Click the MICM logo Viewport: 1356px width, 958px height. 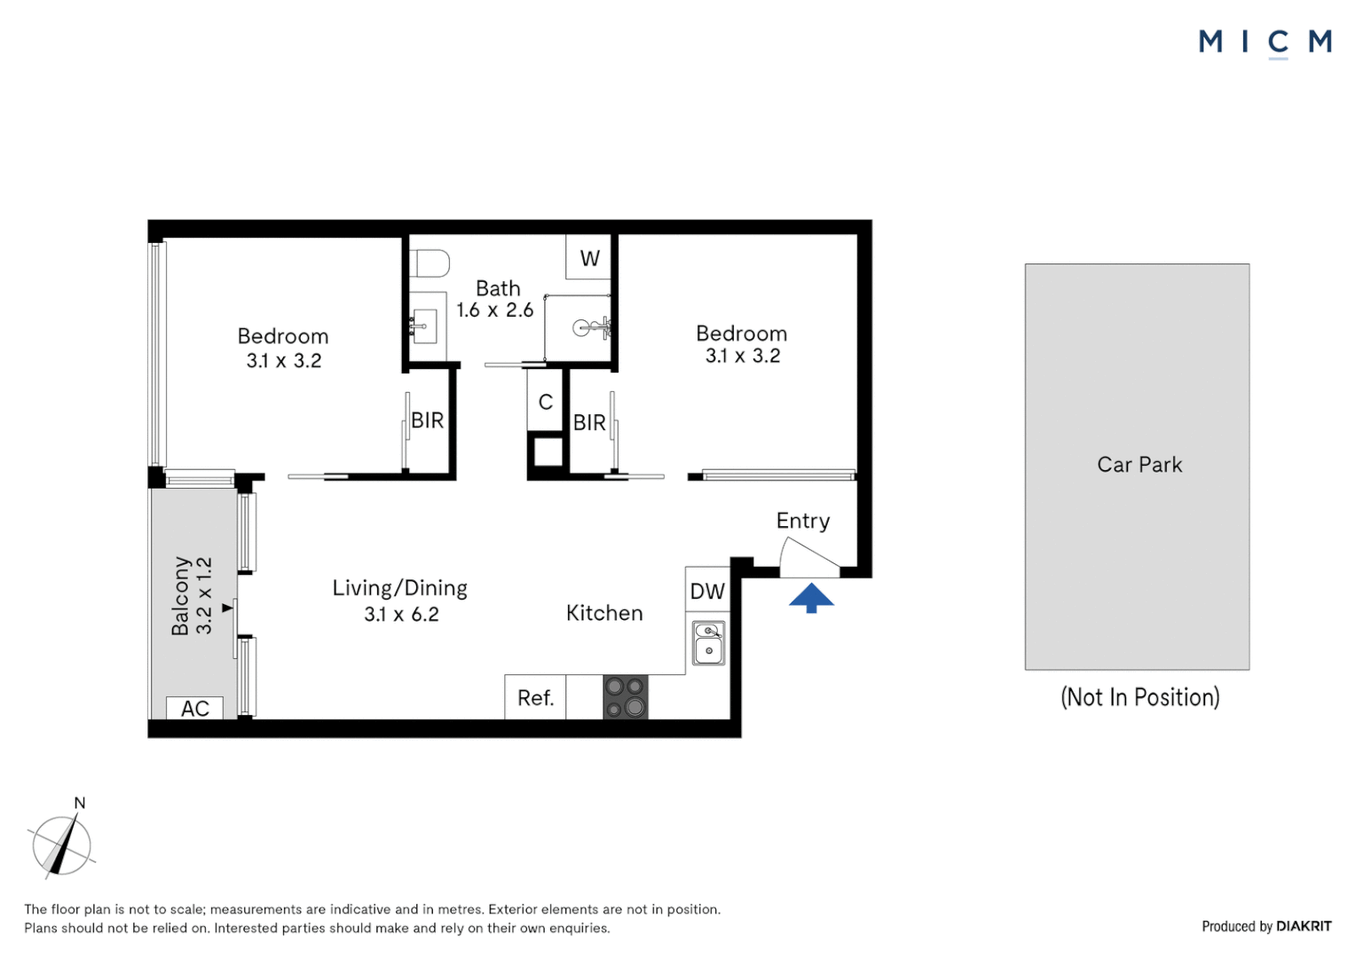point(1264,42)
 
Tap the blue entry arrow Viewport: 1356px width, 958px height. point(811,598)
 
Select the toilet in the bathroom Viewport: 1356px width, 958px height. point(432,263)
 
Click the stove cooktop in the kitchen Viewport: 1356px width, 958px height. point(626,696)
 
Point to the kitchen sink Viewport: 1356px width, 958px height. point(708,642)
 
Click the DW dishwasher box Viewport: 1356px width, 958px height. point(707,591)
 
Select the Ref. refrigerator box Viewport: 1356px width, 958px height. point(535,698)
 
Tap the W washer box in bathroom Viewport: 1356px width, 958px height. point(589,258)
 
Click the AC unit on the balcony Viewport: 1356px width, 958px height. point(194,708)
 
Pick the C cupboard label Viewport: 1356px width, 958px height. point(546,402)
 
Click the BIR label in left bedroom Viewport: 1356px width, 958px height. point(427,420)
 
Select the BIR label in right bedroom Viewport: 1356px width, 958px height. point(589,423)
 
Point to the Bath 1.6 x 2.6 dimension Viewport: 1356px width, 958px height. point(494,310)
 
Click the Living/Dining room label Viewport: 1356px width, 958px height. point(399,588)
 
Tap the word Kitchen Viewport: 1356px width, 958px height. point(604,613)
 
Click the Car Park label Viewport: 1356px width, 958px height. point(1139,465)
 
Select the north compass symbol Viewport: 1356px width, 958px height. point(61,844)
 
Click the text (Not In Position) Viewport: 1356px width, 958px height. point(1139,697)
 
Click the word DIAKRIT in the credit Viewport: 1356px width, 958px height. point(1304,926)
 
